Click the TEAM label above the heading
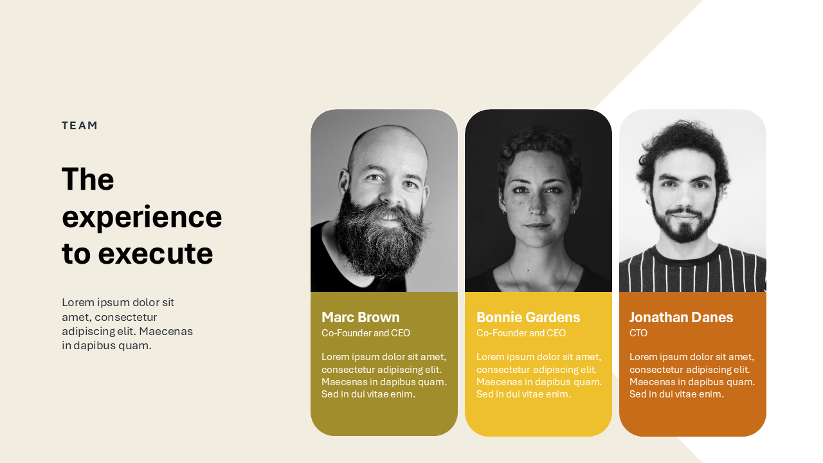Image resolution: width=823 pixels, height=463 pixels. tap(79, 125)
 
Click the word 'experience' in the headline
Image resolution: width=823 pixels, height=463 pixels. tap(142, 217)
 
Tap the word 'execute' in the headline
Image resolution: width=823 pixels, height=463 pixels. tap(156, 253)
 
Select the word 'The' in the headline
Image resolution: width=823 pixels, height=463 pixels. tap(88, 179)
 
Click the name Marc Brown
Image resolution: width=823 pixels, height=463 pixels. tap(361, 317)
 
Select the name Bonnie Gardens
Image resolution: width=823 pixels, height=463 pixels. tap(528, 317)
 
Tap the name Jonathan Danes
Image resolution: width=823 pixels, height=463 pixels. tap(681, 317)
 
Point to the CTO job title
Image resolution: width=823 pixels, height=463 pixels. tap(638, 333)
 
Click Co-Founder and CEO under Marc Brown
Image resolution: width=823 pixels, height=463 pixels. tap(366, 333)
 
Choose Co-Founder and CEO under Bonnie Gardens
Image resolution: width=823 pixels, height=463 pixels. tap(521, 333)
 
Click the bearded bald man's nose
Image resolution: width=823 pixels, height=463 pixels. tap(392, 195)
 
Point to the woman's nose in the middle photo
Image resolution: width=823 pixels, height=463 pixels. tap(537, 206)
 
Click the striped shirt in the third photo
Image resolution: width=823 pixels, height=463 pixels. tap(692, 272)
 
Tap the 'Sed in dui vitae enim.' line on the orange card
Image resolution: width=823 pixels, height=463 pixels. tap(676, 394)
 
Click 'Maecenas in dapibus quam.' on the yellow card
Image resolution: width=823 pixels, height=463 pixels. tap(539, 382)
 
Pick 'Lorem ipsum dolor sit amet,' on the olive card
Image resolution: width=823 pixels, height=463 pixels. tap(384, 357)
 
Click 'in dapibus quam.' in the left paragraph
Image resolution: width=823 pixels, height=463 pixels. tap(107, 346)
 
